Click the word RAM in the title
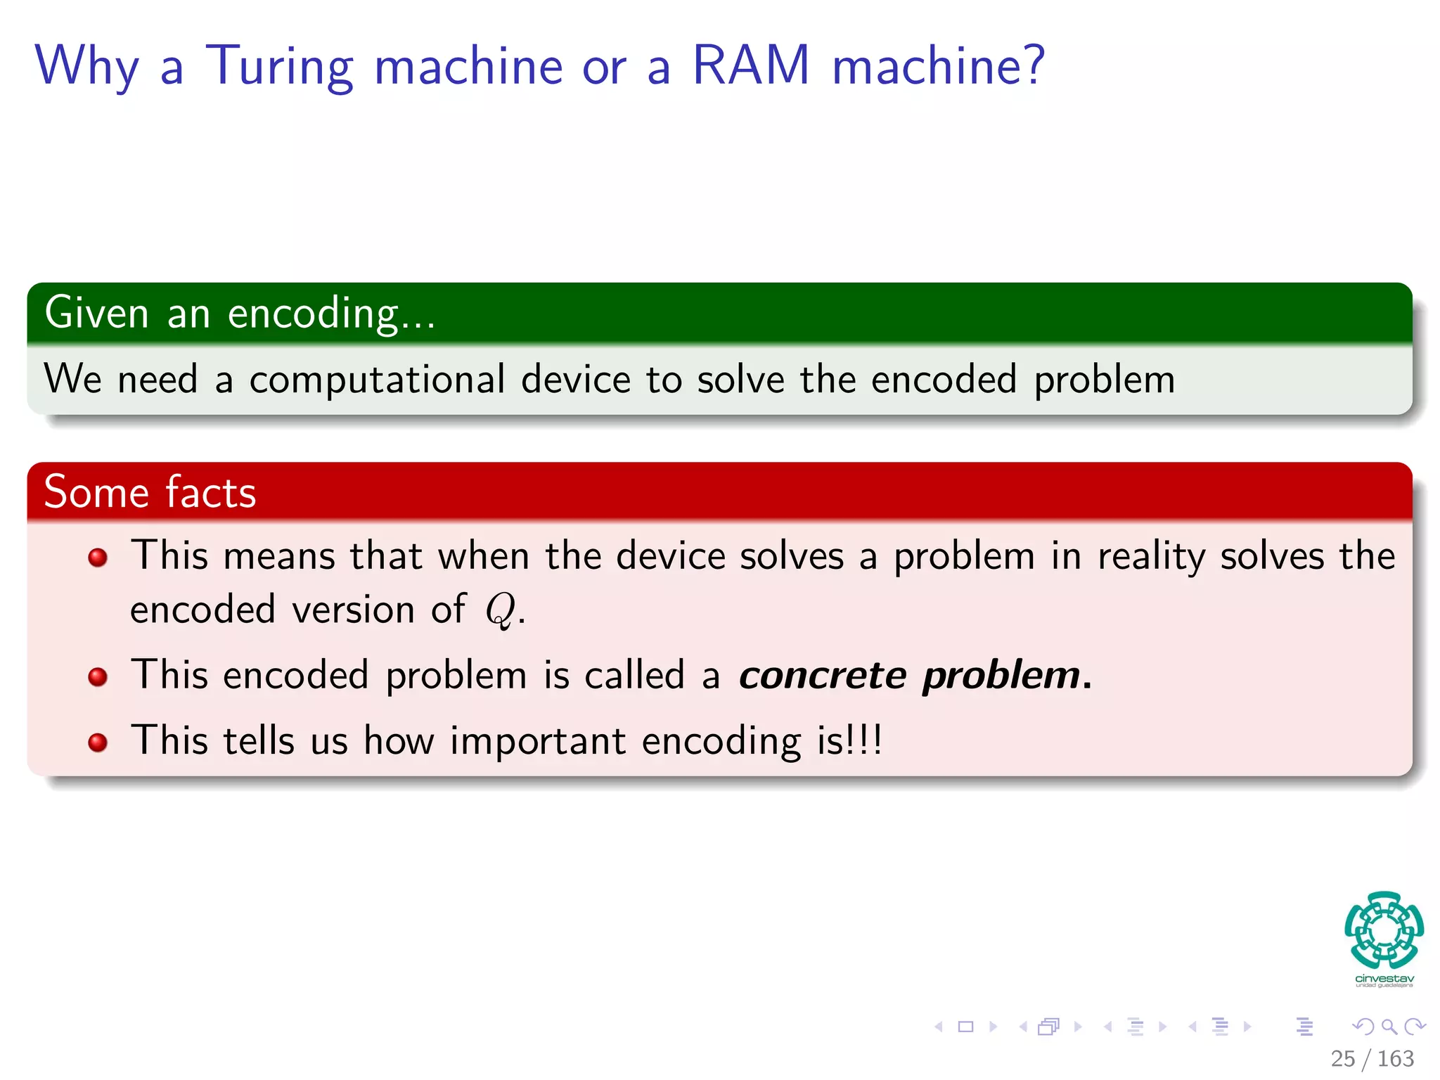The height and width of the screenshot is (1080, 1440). coord(751,66)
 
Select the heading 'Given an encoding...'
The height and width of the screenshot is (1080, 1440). coord(240,314)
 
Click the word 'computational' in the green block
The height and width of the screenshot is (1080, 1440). coord(377,380)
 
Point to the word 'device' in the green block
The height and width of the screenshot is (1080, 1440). coord(574,380)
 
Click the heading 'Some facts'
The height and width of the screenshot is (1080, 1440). coord(150,492)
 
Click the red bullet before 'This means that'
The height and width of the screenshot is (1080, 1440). coord(98,558)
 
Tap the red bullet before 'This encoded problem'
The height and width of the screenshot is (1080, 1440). coord(98,677)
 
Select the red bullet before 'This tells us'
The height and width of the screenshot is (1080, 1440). coord(98,742)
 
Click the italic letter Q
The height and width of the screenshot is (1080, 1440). coord(500,610)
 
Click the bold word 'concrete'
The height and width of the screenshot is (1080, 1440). coord(822,676)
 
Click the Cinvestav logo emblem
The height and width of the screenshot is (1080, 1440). coord(1384,930)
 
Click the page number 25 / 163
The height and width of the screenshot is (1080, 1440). coord(1372,1058)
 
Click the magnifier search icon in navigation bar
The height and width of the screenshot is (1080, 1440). coord(1389,1027)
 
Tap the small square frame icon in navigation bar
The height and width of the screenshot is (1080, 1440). coord(965,1027)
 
